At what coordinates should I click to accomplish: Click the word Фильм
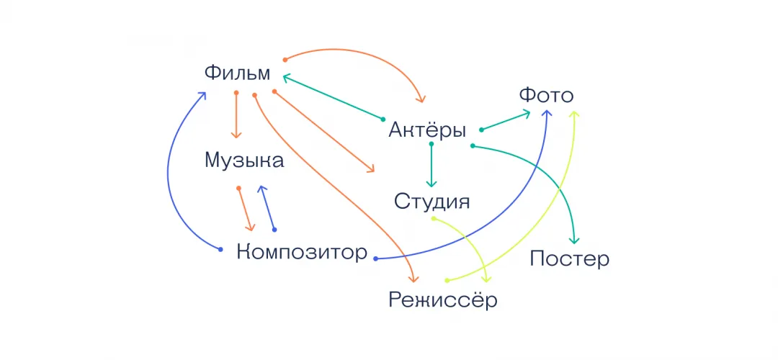coord(238,73)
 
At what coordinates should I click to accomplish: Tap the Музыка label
coord(244,161)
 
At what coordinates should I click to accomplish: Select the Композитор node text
coord(302,253)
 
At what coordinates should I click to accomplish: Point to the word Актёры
coord(427,130)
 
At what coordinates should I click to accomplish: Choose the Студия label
coord(432,202)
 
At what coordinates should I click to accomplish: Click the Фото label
coord(546,96)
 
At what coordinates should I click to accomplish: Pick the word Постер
coord(569,259)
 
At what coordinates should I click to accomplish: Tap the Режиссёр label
coord(442,300)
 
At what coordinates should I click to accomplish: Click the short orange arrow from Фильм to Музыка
coord(236,115)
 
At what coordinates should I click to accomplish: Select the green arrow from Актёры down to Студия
coord(432,165)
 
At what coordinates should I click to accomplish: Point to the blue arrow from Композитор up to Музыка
coord(268,208)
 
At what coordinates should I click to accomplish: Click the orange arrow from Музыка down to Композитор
coord(245,210)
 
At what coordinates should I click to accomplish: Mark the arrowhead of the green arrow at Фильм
coord(286,77)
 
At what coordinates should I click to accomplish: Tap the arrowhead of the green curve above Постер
coord(574,240)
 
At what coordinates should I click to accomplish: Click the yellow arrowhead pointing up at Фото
coord(574,114)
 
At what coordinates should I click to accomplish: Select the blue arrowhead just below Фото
coord(547,114)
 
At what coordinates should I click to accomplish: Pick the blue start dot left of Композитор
coord(221,249)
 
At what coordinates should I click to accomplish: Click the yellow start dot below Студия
coord(433,218)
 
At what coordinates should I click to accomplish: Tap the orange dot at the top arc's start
coord(285,60)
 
